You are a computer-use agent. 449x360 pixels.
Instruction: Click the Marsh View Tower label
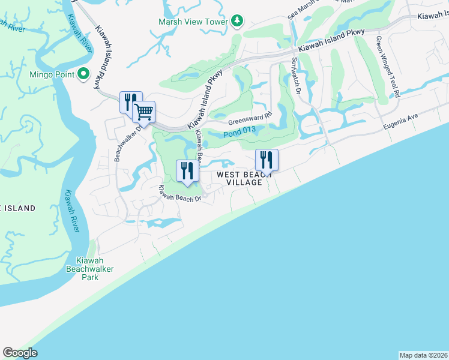pos(193,22)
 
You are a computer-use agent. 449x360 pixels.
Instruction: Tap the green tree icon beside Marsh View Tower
pos(237,21)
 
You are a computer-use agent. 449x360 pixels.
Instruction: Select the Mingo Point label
pos(52,75)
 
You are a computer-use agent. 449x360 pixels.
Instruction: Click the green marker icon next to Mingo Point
pos(83,75)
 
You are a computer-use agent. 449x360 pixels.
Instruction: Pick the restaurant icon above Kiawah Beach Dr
pos(187,170)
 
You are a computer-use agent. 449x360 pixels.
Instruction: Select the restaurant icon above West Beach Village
pos(267,160)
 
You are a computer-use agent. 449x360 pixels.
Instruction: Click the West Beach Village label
pos(240,178)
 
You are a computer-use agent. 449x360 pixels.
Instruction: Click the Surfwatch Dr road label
pos(296,75)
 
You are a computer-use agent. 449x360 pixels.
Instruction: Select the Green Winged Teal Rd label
pos(388,66)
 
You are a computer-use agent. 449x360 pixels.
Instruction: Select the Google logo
pos(20,352)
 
